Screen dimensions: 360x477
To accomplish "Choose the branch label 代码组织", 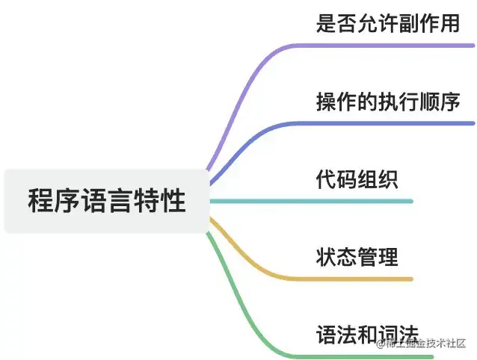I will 357,180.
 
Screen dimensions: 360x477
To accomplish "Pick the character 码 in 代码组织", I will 347,180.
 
